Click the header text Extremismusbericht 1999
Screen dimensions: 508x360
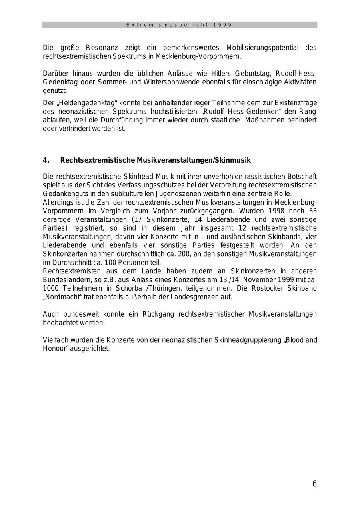(179, 25)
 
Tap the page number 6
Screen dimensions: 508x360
(314, 484)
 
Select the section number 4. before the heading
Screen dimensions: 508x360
(46, 160)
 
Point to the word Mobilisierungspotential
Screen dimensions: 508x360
(262, 48)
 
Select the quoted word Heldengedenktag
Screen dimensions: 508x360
(84, 103)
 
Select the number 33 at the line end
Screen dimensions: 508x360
(312, 211)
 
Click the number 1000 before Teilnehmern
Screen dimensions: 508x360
(50, 288)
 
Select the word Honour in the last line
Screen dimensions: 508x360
(54, 349)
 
